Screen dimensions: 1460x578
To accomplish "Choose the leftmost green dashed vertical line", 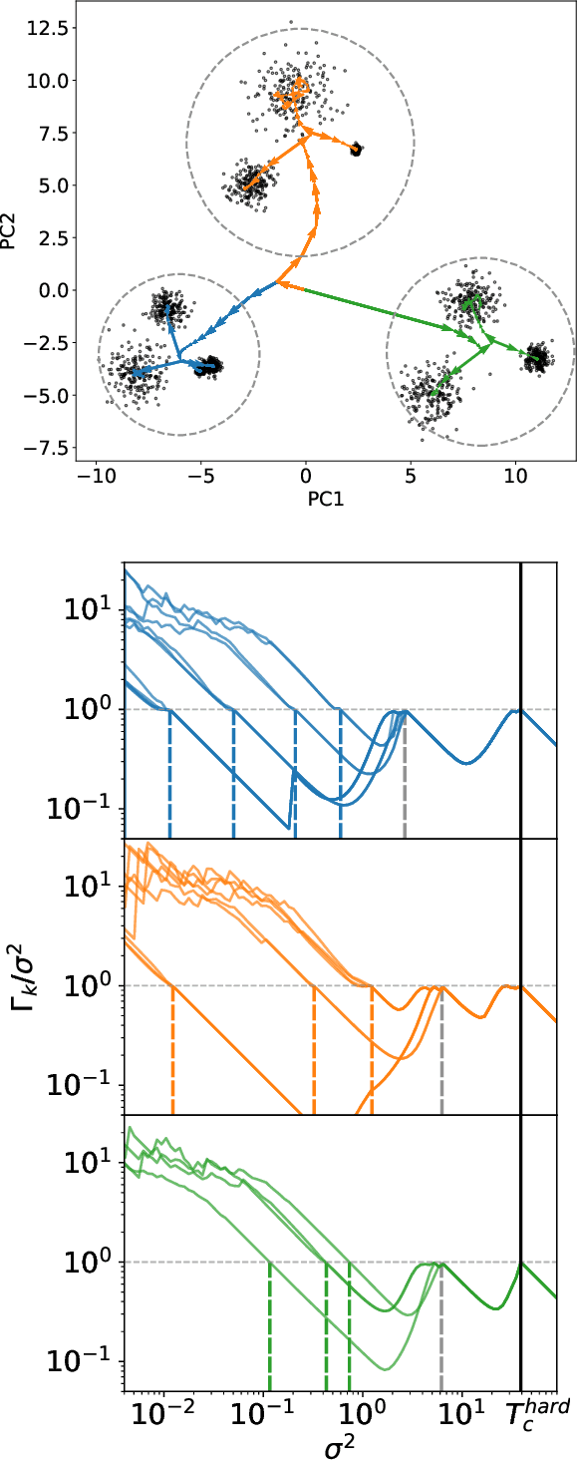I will click(x=270, y=1326).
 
